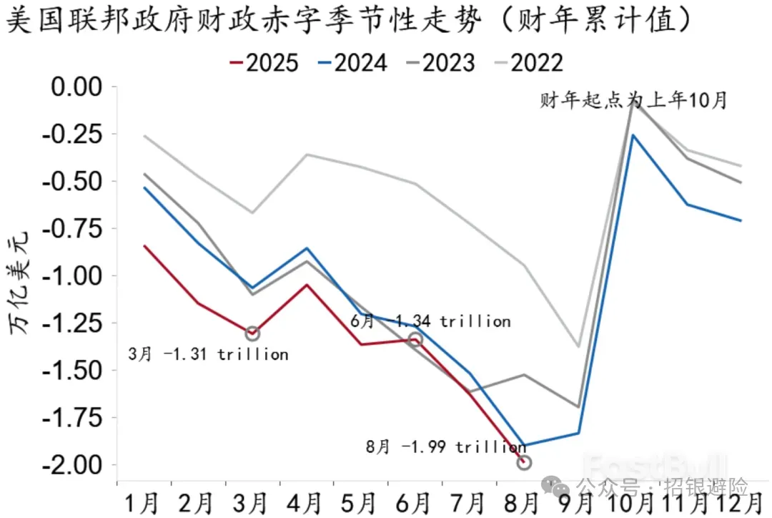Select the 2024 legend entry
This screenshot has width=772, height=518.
(352, 63)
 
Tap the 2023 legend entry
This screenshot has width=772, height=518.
(441, 63)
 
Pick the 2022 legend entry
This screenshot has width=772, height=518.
(530, 63)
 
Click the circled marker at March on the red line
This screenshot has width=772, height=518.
(252, 333)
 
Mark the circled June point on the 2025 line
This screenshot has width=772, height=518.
(415, 339)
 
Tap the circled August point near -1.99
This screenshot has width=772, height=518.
(524, 463)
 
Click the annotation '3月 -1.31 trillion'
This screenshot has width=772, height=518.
(209, 354)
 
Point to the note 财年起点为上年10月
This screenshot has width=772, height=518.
(633, 101)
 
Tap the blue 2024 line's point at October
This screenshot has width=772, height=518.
(633, 135)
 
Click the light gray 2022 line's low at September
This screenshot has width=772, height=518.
(578, 347)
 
